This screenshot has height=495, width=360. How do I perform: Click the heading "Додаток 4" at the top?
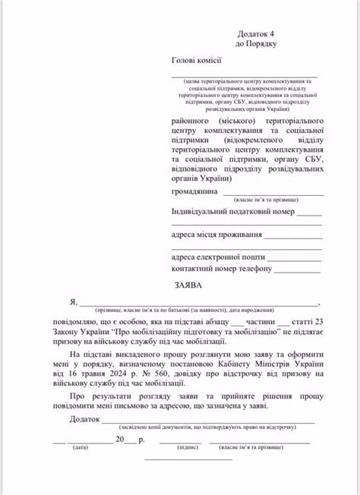tap(257, 33)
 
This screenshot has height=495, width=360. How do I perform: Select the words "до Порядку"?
tap(256, 44)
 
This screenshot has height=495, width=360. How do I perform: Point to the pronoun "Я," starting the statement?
tap(73, 301)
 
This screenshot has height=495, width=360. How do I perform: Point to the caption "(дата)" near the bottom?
tap(80, 448)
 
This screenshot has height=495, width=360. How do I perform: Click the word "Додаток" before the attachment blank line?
tap(84, 419)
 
